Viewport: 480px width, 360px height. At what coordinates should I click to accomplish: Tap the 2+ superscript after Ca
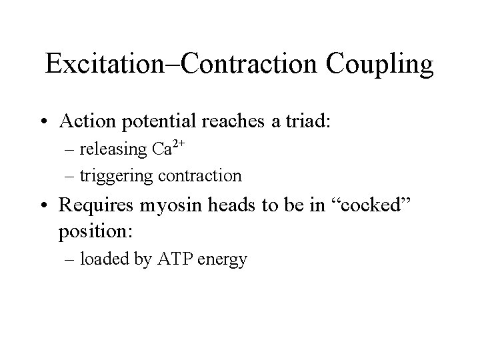178,144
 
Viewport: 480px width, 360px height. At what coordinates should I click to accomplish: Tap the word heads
221,205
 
